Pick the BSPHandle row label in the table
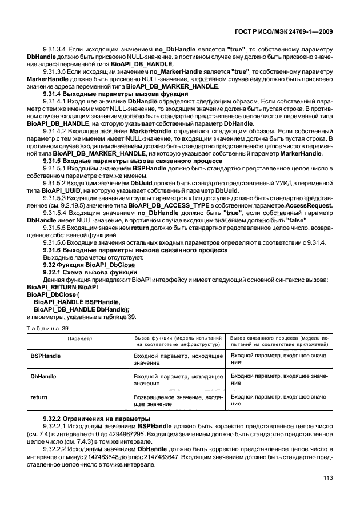pos(46,356)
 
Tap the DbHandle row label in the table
pos(42,376)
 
